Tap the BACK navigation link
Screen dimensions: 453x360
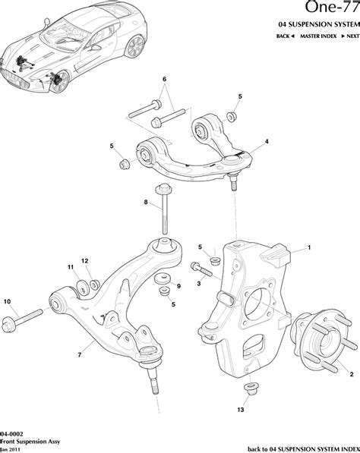[x=285, y=36]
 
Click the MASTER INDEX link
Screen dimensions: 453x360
[x=317, y=36]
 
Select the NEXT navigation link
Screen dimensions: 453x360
[x=350, y=36]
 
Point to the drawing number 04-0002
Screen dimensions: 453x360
[x=11, y=429]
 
